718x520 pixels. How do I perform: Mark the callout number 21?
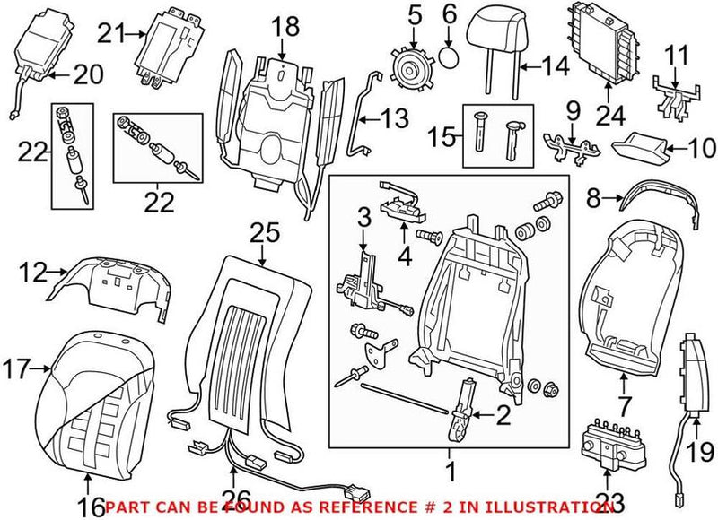109,35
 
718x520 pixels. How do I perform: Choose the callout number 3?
363,216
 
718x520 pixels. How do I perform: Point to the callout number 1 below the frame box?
449,469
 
